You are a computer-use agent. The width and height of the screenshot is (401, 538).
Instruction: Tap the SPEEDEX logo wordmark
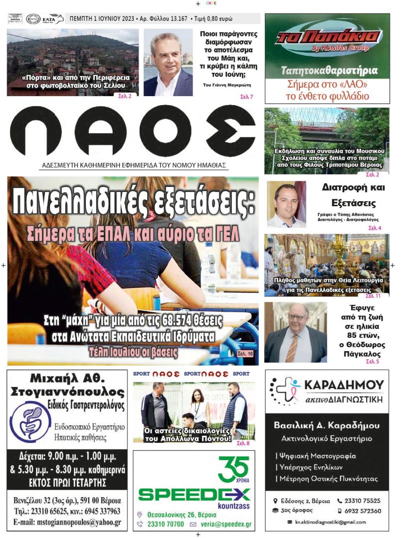[194, 494]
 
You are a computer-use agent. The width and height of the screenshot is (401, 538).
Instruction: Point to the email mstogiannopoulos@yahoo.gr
[67, 523]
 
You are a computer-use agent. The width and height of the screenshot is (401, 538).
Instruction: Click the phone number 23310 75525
[362, 501]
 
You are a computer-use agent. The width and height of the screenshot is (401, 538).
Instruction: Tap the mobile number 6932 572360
[362, 511]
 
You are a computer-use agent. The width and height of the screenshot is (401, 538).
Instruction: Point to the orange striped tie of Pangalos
[292, 347]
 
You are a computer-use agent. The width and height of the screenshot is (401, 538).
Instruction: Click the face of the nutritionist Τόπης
[286, 196]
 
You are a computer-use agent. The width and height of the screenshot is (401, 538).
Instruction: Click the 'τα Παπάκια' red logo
[327, 38]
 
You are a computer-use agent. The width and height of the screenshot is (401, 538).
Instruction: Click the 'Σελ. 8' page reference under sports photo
[243, 443]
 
